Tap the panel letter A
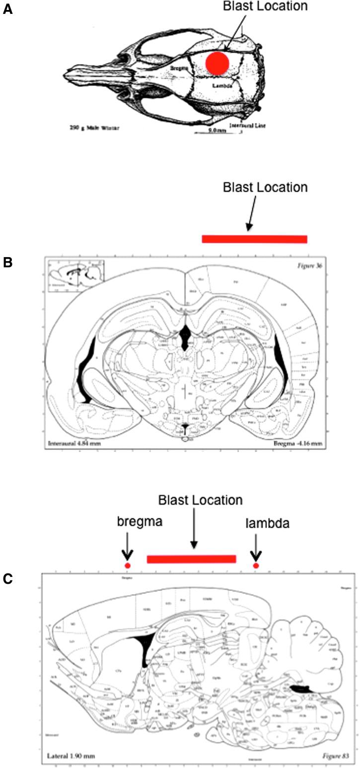coord(7,10)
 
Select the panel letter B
coord(7,262)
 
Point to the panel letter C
coord(7,578)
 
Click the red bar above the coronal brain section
coord(254,239)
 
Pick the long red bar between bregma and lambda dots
coord(191,559)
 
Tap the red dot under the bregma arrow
coord(127,565)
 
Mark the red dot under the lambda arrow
coord(256,565)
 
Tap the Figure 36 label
coord(310,263)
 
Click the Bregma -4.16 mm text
coord(298,442)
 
